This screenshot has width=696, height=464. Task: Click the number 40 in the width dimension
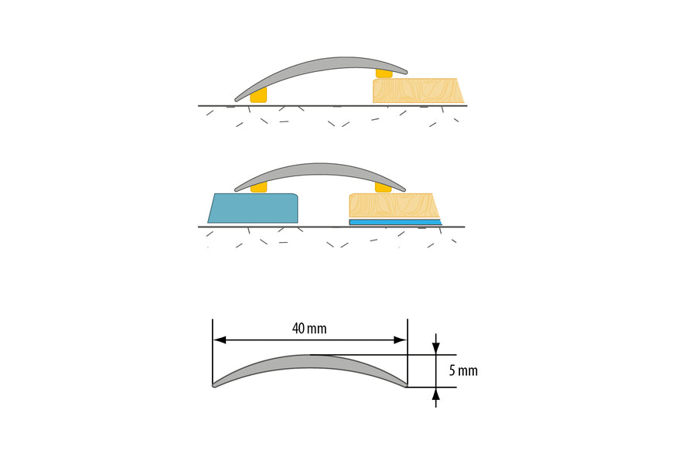299,329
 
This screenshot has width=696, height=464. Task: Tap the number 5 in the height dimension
452,371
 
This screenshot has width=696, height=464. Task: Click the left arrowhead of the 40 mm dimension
220,339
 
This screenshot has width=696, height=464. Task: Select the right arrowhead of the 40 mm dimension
401,339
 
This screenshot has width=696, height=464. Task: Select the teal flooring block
254,208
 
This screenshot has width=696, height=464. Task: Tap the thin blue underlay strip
394,222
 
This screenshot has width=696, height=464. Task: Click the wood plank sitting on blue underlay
394,206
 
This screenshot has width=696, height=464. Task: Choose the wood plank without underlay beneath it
418,91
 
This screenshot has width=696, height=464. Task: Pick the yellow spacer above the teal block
259,187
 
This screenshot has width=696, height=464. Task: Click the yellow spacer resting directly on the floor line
258,95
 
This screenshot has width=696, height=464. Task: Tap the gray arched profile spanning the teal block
319,172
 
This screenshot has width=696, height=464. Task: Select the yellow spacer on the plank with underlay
382,187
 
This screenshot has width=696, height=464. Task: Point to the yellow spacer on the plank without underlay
383,73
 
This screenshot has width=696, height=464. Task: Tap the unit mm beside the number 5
468,371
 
